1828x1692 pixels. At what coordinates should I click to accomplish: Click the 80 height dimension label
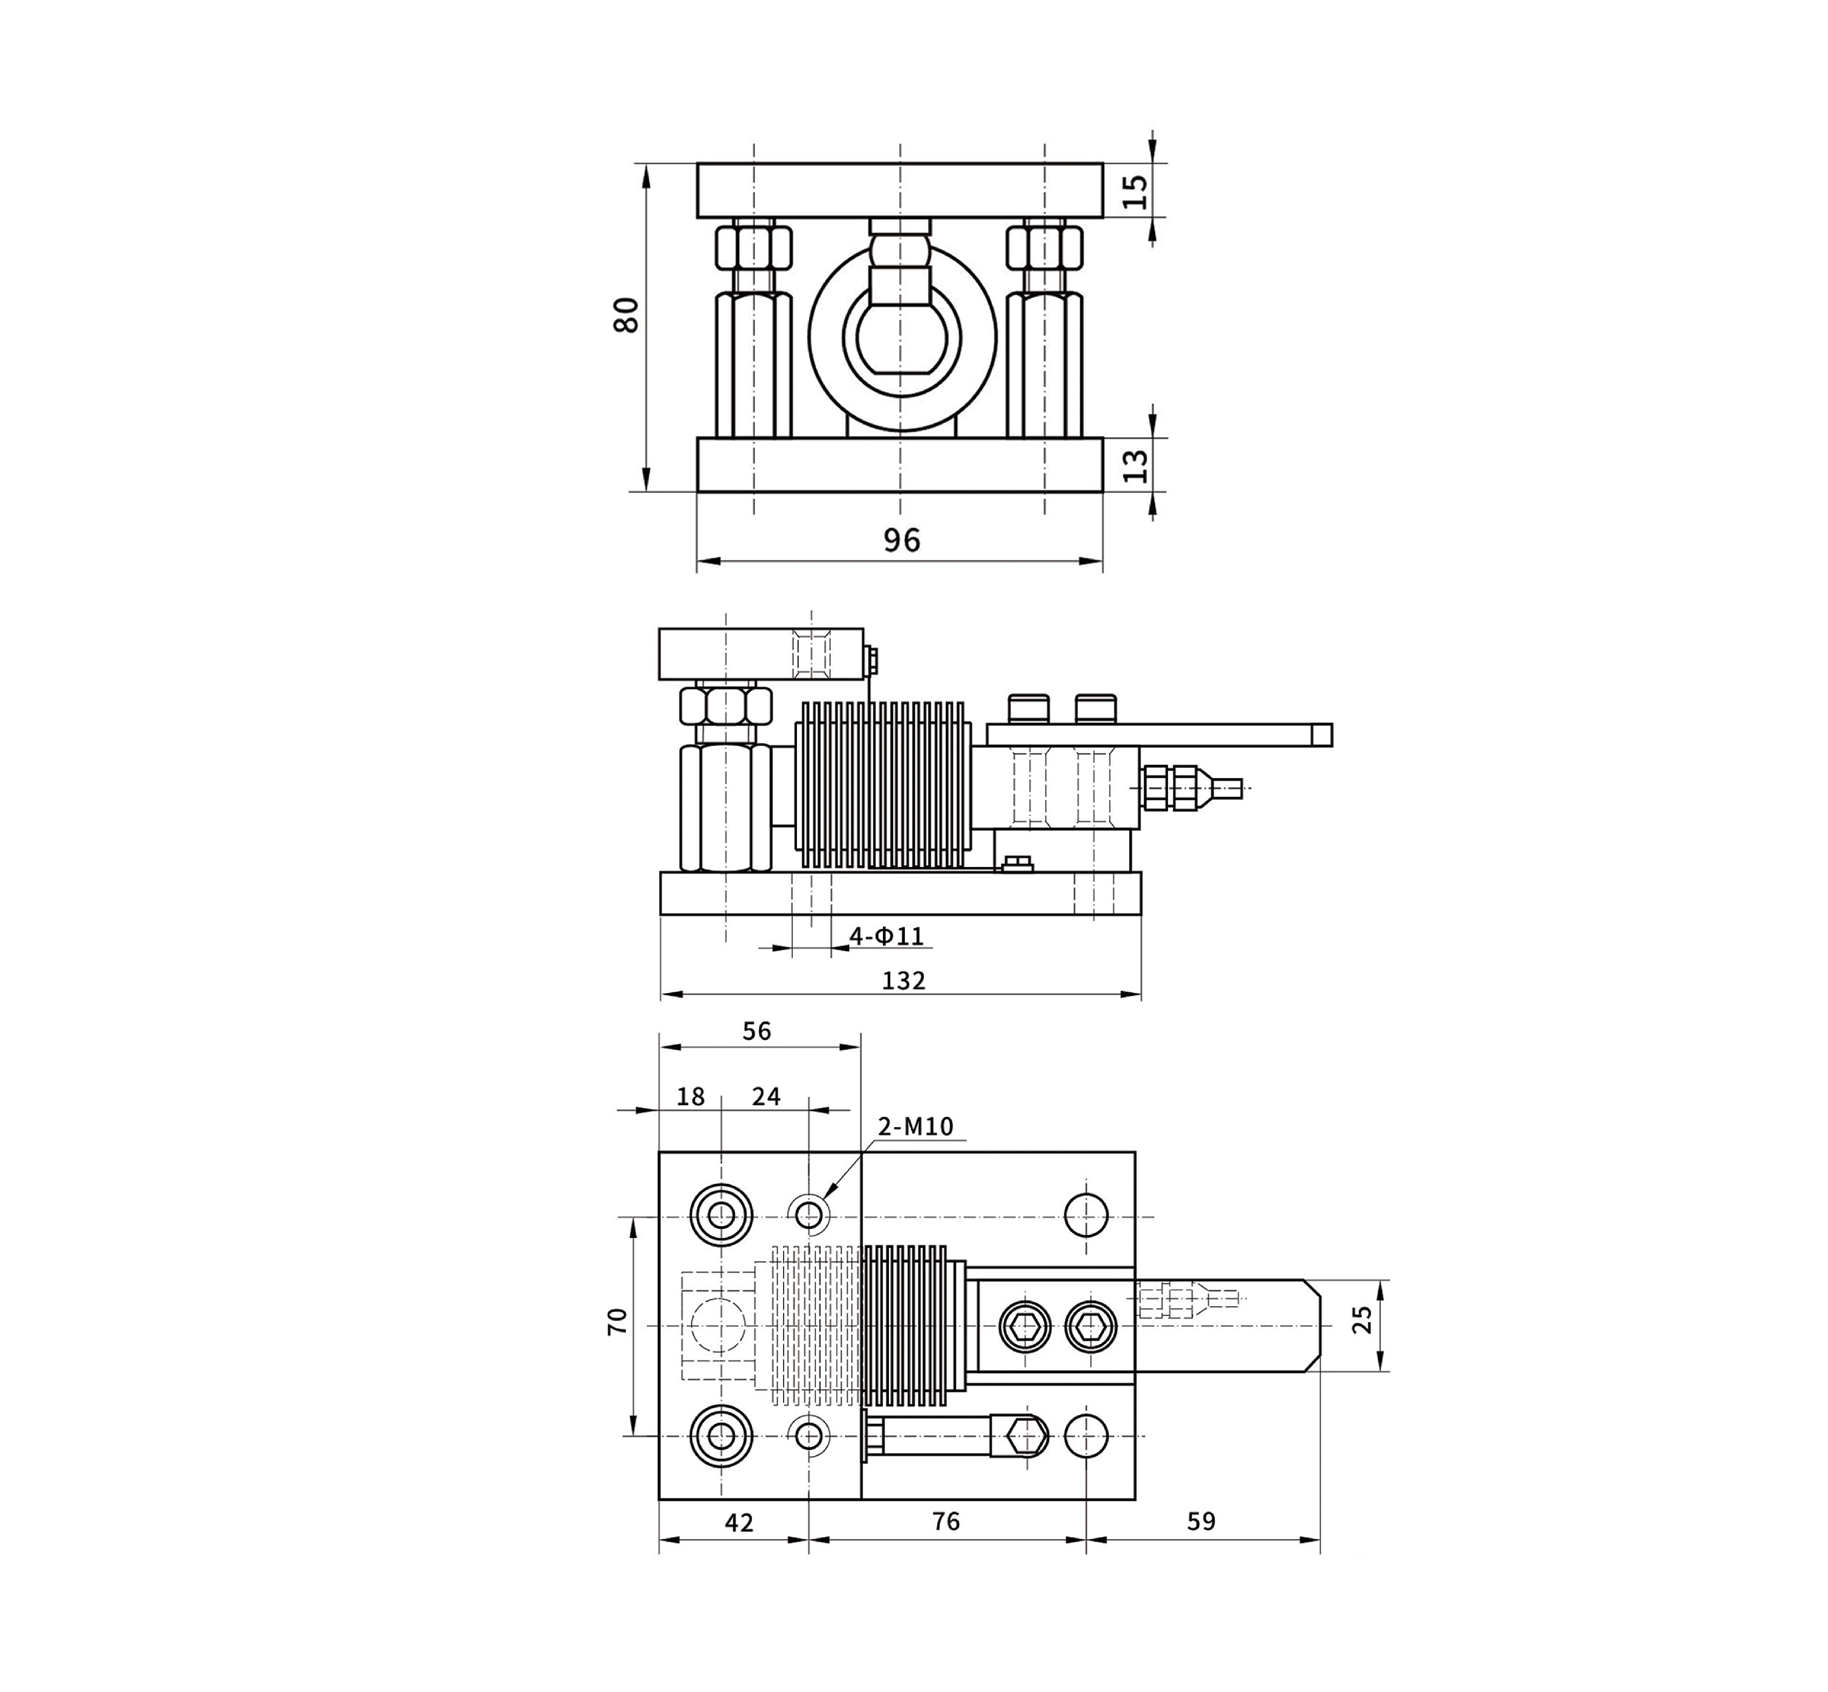click(x=626, y=316)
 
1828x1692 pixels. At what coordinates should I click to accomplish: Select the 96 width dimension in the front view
click(x=901, y=540)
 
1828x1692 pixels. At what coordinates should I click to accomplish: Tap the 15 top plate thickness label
click(x=1135, y=191)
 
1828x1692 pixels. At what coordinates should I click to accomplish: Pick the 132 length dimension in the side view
click(x=903, y=980)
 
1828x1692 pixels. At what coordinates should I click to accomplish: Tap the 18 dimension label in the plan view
click(x=690, y=1097)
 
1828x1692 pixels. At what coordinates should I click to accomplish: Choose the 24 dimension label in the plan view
click(x=766, y=1097)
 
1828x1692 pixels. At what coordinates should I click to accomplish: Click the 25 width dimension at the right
click(x=1362, y=1319)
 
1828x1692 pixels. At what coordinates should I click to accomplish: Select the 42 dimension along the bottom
click(x=738, y=1521)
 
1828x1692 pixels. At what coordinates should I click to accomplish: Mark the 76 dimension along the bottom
click(x=945, y=1521)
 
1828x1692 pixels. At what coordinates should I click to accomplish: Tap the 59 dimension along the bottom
click(x=1200, y=1521)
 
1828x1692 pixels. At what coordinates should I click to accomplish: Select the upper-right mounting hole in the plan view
click(x=1086, y=1215)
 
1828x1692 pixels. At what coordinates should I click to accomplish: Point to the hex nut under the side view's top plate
click(x=725, y=705)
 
